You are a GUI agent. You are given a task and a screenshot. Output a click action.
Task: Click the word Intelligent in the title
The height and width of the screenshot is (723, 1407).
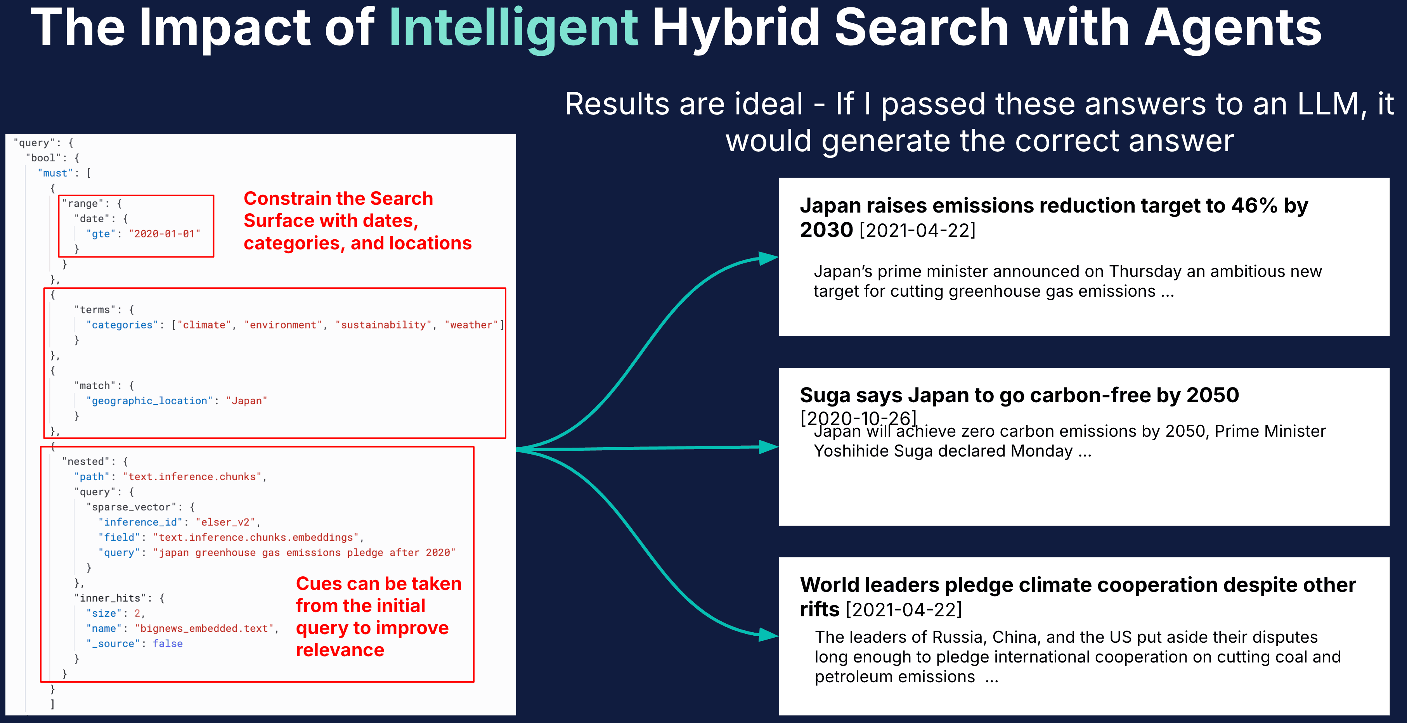(x=513, y=28)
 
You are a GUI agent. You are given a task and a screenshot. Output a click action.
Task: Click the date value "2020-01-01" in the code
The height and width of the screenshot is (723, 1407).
(x=165, y=234)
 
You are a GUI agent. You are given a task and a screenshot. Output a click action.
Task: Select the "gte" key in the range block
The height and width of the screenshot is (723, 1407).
(x=100, y=234)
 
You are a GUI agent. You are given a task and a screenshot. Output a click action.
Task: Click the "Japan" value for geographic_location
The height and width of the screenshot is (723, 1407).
(x=246, y=401)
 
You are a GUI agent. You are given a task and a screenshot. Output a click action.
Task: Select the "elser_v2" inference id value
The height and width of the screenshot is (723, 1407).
(x=225, y=522)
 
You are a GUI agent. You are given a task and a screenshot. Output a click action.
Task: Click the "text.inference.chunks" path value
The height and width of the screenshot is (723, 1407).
(x=192, y=477)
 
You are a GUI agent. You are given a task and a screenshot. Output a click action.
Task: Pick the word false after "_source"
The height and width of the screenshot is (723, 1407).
(x=168, y=644)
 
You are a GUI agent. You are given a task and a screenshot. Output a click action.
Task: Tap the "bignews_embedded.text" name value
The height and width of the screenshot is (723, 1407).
(x=204, y=628)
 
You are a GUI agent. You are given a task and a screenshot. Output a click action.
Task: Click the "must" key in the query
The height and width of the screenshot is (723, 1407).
(x=55, y=173)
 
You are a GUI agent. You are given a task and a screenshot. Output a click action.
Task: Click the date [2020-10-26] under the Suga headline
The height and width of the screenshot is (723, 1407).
(x=858, y=418)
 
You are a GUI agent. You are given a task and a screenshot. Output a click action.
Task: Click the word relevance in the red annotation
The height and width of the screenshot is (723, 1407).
(x=340, y=650)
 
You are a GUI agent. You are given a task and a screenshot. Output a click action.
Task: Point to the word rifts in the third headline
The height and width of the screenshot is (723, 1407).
(x=819, y=609)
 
